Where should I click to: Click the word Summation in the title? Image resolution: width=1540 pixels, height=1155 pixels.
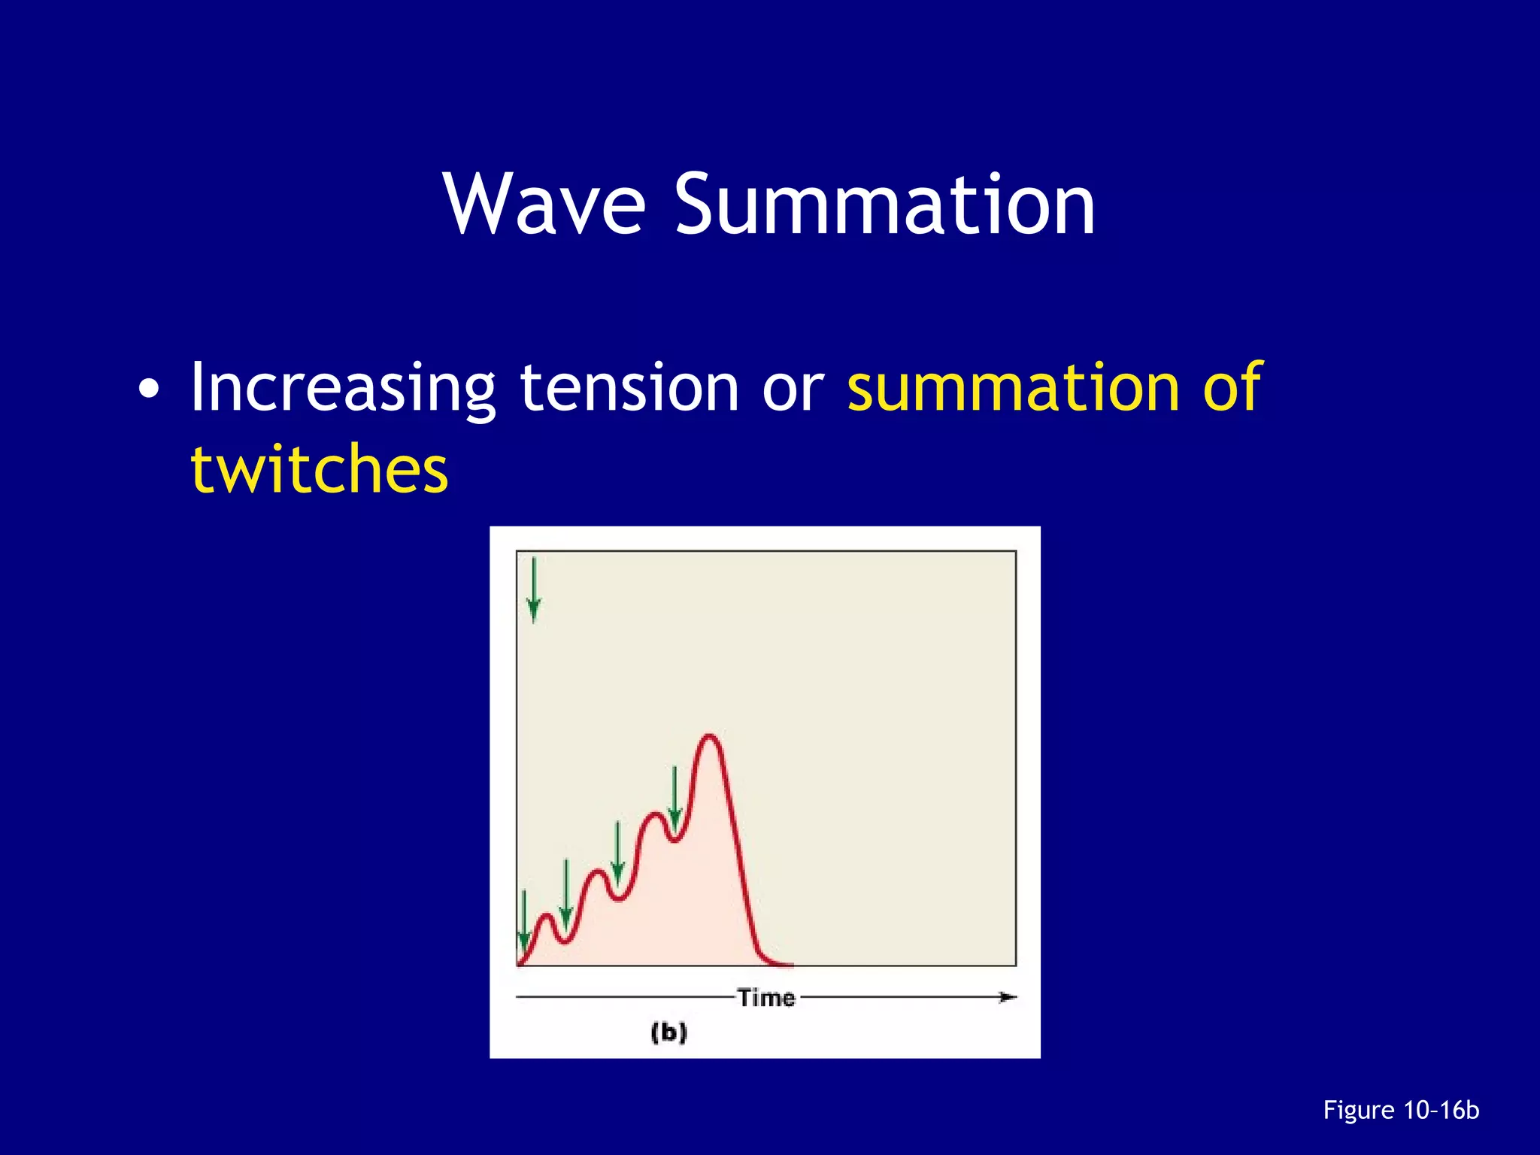pos(885,205)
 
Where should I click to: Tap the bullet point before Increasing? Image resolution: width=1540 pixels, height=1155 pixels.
pos(149,390)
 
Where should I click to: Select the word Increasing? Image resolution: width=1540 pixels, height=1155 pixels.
pos(342,388)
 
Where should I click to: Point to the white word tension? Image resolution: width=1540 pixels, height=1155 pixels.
pos(629,388)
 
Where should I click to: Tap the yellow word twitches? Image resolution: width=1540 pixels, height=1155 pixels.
pos(320,469)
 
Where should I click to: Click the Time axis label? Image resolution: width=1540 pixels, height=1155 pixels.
pos(765,998)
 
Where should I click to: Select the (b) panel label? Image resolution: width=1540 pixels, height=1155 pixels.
pos(668,1032)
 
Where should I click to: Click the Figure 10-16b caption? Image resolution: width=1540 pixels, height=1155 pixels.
pos(1400,1110)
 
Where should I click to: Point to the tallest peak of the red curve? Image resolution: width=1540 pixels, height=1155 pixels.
pos(709,737)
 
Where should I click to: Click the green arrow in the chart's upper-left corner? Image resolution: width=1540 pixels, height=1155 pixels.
pos(534,590)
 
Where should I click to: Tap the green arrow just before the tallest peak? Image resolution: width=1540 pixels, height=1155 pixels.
pos(675,797)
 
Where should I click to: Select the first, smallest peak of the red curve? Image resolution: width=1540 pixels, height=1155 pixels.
pos(547,916)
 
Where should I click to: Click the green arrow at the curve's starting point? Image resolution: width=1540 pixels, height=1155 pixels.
pos(524,922)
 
